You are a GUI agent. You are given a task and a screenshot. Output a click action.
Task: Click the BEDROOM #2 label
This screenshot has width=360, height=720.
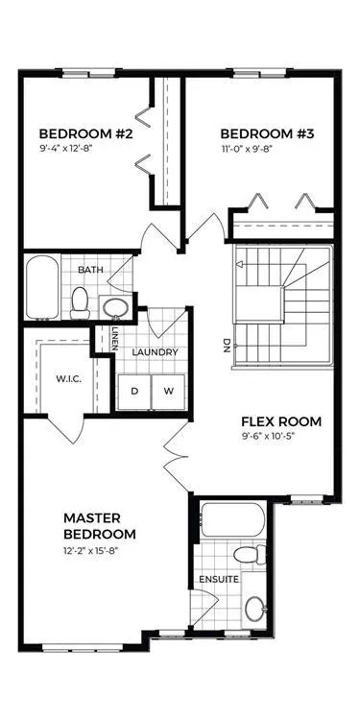85,134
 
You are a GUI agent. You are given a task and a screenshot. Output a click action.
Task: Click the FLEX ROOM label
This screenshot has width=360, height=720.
281,421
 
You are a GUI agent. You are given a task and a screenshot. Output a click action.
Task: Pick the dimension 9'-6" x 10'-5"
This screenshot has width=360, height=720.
268,436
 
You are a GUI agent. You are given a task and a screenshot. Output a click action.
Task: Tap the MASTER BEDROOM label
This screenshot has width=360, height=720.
100,526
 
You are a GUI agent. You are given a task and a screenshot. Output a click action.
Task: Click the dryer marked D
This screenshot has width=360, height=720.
134,392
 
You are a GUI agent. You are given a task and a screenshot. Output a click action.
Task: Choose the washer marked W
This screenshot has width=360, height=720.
169,392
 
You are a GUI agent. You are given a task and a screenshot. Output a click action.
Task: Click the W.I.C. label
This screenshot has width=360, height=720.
69,379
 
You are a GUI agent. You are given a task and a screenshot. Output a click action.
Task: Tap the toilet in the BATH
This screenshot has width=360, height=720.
80,302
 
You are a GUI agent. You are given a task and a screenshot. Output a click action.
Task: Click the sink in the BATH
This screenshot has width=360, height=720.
114,307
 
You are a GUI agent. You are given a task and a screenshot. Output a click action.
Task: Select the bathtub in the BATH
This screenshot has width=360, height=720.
42,287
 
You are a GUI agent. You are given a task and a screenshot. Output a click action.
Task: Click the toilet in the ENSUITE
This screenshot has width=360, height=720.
250,554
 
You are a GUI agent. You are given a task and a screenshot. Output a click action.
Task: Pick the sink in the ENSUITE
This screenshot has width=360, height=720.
255,609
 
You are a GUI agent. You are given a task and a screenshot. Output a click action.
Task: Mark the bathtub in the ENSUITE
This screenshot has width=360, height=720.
232,519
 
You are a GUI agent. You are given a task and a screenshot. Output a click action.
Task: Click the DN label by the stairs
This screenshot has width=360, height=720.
226,346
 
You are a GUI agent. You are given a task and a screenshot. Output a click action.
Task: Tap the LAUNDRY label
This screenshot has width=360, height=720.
156,352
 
